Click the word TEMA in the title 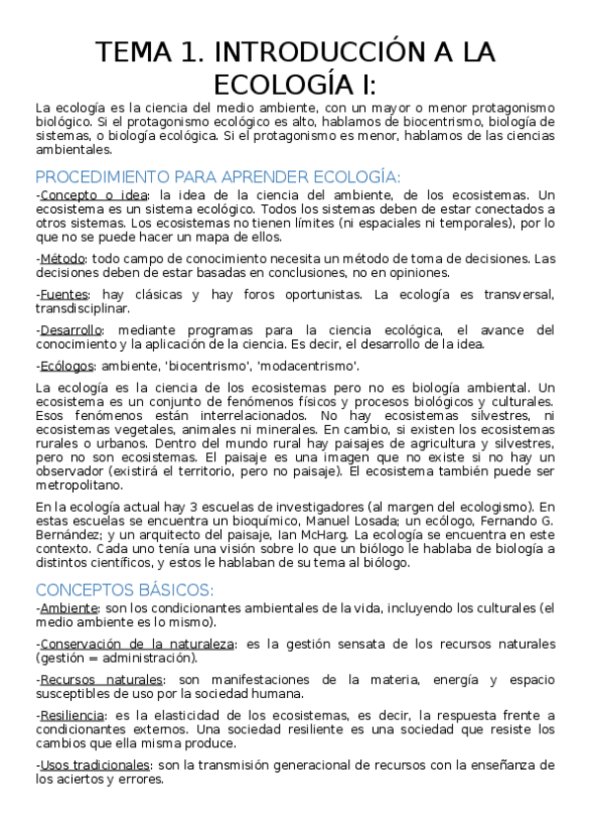click(x=135, y=51)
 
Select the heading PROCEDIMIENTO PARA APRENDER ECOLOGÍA click(x=217, y=177)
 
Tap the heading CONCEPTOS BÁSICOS click(x=124, y=590)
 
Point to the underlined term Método click(x=62, y=258)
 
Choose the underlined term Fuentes click(x=64, y=295)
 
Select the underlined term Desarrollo click(x=70, y=330)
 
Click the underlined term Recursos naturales click(x=102, y=679)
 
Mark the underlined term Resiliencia click(x=71, y=715)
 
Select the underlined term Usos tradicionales click(x=95, y=764)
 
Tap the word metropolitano click(x=80, y=484)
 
